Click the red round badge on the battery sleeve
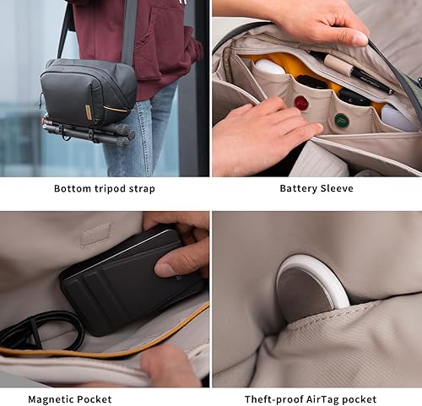pyautogui.click(x=301, y=103)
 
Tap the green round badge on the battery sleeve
pyautogui.click(x=341, y=120)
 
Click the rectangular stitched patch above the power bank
pyautogui.click(x=95, y=235)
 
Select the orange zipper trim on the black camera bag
pyautogui.click(x=116, y=109)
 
